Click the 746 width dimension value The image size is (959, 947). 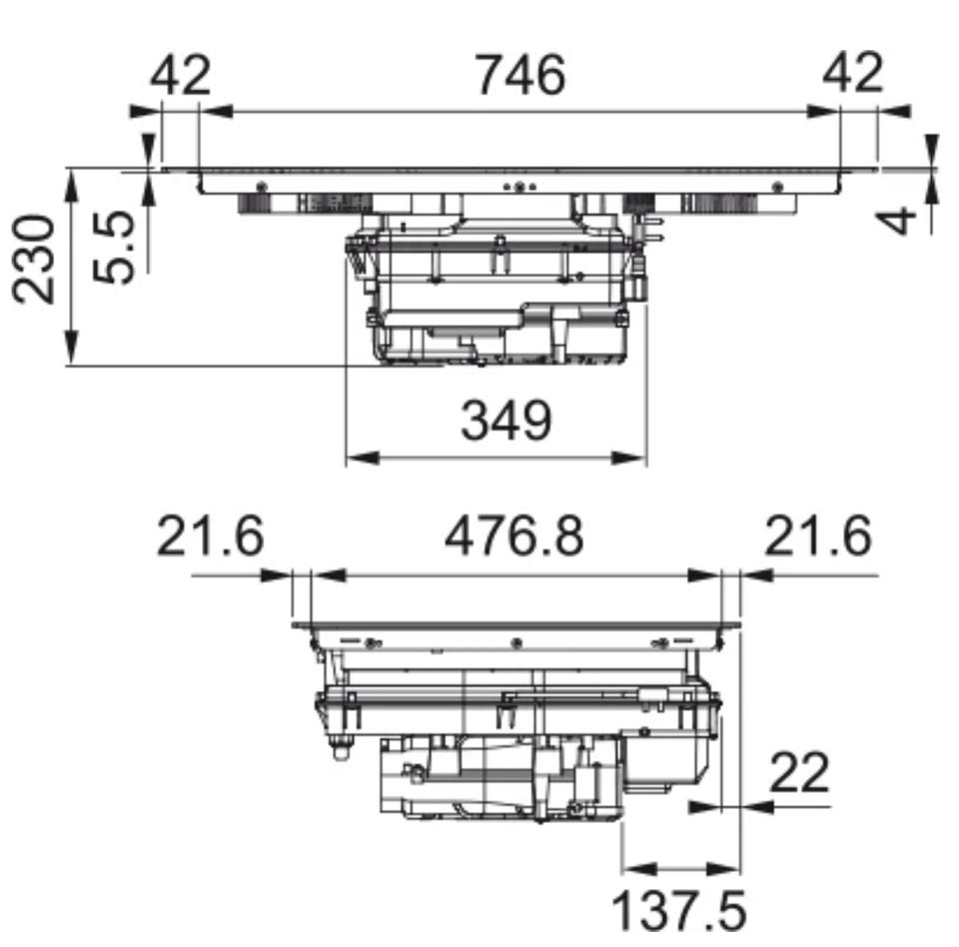pos(520,75)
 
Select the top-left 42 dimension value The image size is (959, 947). pos(181,75)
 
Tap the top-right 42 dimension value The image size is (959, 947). pos(852,72)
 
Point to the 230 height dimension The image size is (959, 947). pos(34,259)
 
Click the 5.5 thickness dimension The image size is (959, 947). pos(114,247)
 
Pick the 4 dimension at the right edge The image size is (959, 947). pos(897,222)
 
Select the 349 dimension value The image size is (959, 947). pos(506,421)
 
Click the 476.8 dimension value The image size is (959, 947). pos(514,535)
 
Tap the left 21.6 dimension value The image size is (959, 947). pos(211,535)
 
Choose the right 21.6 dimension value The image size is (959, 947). pos(818,535)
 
